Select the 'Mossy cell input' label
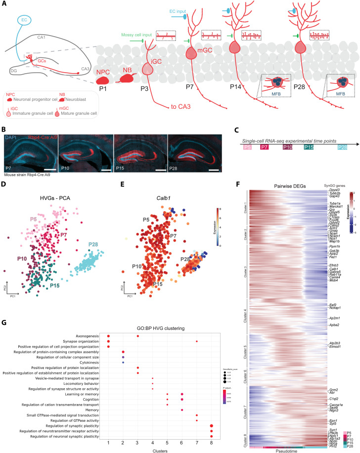[x=136, y=35]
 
